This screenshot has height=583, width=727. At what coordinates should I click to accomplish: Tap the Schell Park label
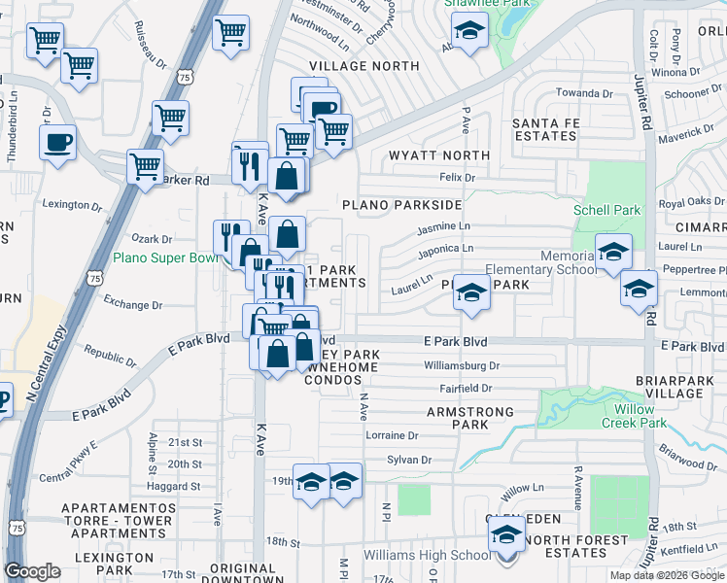point(606,210)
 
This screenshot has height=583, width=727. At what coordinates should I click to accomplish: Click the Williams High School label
point(428,556)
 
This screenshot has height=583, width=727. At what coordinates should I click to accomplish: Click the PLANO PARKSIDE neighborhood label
point(401,205)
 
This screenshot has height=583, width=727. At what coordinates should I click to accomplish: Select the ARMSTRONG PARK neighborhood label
point(470,419)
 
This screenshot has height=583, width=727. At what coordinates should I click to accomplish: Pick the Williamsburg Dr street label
point(462,366)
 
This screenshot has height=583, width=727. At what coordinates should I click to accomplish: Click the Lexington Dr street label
point(72,205)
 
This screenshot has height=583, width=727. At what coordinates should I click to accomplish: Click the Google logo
point(32,571)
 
